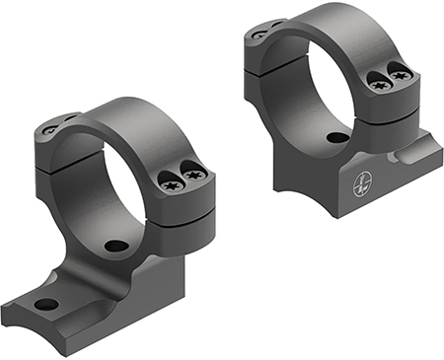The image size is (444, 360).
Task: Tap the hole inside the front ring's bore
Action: point(115,245)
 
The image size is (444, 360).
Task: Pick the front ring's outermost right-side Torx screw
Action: point(194,176)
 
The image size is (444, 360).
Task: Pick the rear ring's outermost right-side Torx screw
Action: point(402,72)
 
